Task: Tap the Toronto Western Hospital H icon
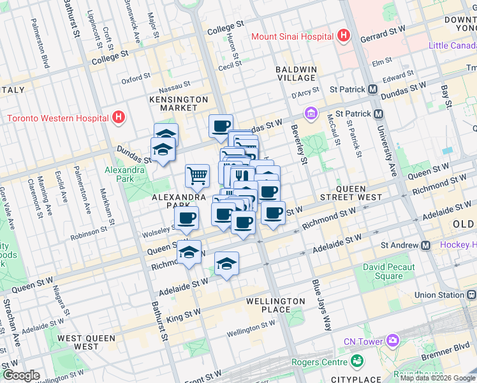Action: coord(118,117)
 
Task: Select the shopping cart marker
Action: coord(198,176)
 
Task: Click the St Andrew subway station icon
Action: coord(425,246)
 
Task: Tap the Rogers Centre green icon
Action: coord(358,363)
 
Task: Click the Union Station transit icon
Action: coord(471,295)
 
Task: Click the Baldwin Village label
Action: coord(297,73)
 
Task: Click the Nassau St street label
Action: coord(174,84)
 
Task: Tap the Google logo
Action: coord(20,375)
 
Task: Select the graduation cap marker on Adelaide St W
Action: coord(226,263)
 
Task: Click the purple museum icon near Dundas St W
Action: coord(311,114)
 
